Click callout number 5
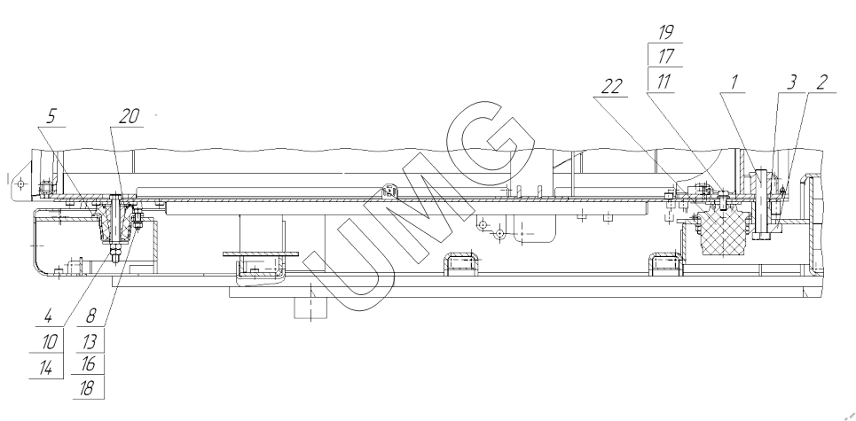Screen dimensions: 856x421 (51, 116)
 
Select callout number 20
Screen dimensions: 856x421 (129, 116)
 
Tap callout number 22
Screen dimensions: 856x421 (611, 86)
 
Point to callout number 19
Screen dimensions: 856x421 (665, 32)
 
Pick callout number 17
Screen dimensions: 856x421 (666, 56)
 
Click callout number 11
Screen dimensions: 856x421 (664, 82)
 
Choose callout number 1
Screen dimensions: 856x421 (734, 82)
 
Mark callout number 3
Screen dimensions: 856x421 (791, 82)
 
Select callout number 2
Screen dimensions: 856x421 (822, 82)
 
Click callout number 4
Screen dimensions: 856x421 (49, 316)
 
